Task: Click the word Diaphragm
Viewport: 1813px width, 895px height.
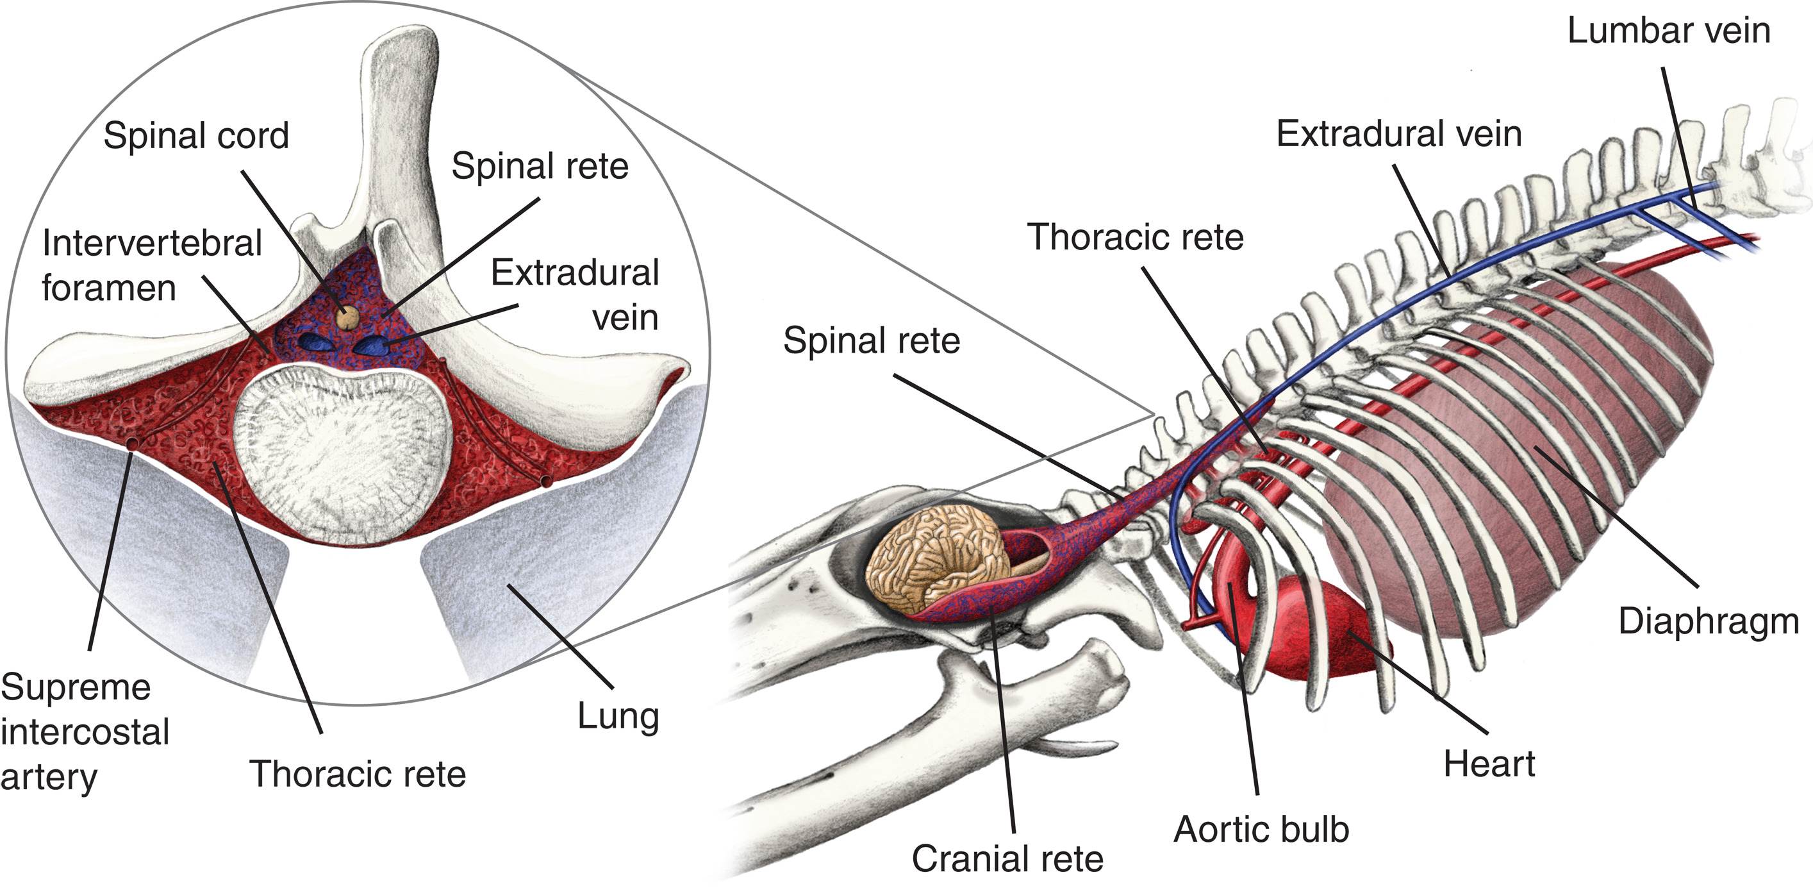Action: tap(1708, 622)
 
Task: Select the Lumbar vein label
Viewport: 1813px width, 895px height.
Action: tap(1668, 31)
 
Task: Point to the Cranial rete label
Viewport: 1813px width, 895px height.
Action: tap(1007, 859)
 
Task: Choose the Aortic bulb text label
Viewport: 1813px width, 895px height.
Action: tap(1261, 830)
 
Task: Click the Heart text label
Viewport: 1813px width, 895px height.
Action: tap(1489, 764)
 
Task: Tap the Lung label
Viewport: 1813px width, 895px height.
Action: tap(618, 716)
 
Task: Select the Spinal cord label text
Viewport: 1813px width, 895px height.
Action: tap(195, 135)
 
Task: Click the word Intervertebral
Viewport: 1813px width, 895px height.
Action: tap(151, 244)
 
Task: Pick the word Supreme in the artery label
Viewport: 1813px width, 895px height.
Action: tap(76, 687)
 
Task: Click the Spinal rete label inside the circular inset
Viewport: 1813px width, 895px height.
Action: tap(539, 166)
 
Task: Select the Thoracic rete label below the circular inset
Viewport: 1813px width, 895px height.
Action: tap(358, 774)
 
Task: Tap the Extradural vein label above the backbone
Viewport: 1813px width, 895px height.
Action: tap(1398, 134)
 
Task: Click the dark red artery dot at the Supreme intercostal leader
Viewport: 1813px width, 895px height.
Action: tap(131, 442)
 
